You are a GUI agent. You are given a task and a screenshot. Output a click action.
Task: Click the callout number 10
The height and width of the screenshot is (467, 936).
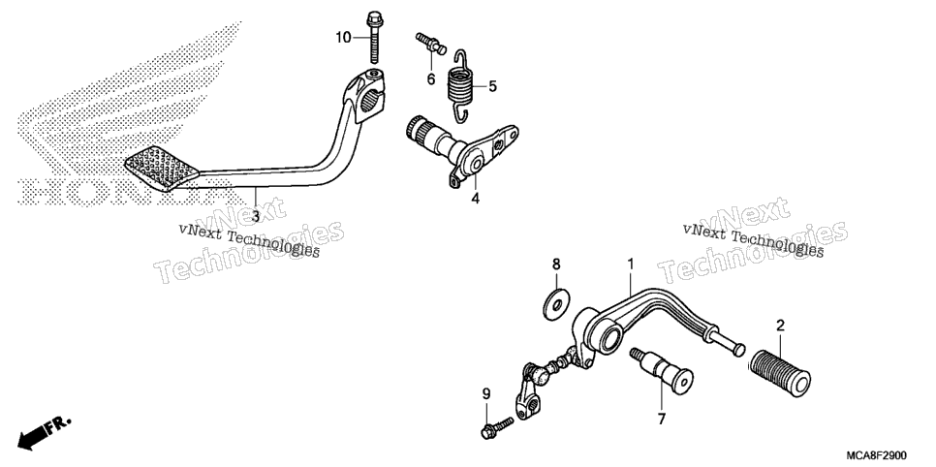tap(343, 38)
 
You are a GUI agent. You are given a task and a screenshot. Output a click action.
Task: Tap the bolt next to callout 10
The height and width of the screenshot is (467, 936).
tap(375, 37)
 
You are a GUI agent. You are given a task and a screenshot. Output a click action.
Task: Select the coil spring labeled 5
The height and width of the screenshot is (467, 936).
tap(460, 86)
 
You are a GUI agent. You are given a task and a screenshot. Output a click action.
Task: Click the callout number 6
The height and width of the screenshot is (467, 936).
tap(431, 78)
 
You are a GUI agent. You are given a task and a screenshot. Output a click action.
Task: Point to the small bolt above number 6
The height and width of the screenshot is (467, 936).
tap(431, 44)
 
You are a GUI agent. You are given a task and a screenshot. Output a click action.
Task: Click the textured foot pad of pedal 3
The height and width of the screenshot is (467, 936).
tap(162, 168)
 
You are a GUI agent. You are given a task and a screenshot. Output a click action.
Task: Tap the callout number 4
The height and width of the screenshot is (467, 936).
tap(475, 199)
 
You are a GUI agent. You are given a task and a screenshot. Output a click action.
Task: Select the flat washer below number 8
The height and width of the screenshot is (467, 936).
tap(556, 301)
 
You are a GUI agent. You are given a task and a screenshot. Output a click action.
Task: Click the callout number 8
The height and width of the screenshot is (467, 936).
tap(556, 264)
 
